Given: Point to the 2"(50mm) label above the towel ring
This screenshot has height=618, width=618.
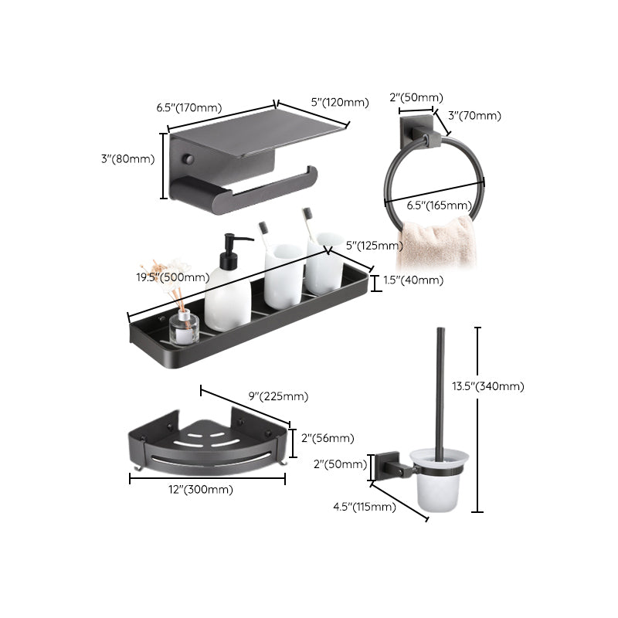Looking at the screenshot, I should (416, 97).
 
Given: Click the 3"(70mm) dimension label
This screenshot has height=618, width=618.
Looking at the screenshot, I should (474, 116).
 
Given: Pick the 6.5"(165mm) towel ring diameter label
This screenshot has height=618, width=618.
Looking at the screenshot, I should (439, 205).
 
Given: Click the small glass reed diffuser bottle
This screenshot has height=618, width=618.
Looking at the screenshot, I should (184, 329).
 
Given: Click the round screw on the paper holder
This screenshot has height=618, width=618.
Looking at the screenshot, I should (185, 158).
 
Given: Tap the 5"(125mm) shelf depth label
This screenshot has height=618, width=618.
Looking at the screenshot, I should (375, 246).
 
